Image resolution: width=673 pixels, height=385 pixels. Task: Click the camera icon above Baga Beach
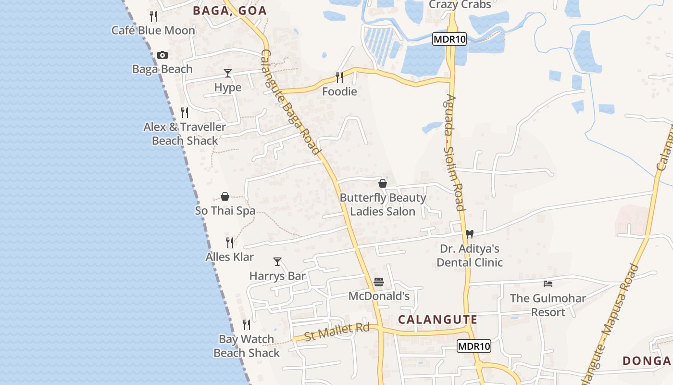(162, 55)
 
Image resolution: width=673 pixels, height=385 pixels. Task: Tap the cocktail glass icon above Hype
(228, 73)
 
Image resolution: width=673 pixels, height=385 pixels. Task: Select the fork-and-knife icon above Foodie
(339, 77)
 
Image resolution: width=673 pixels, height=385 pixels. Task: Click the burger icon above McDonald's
(379, 282)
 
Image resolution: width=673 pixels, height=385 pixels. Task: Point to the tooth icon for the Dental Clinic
(470, 234)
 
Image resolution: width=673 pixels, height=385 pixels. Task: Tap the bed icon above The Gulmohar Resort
(548, 284)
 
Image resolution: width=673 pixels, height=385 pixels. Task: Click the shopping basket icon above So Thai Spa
(225, 196)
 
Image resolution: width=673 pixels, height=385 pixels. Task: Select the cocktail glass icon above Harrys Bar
(277, 262)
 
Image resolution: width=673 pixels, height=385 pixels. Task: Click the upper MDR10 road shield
(449, 39)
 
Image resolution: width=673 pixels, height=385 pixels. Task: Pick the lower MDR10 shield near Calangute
(474, 346)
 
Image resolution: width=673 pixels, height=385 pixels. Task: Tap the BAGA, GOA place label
(230, 11)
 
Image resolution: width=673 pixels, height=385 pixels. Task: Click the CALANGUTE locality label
(437, 320)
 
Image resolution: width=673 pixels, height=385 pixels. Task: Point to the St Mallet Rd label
(337, 332)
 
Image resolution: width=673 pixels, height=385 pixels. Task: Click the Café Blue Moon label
(153, 30)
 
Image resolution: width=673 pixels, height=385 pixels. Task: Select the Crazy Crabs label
(460, 5)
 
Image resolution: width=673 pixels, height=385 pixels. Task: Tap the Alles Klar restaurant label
(230, 257)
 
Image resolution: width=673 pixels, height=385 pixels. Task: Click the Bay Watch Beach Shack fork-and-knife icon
(247, 325)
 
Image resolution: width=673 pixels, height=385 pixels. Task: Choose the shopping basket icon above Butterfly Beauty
(383, 183)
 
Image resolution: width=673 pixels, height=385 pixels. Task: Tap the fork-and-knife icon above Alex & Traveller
(185, 113)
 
